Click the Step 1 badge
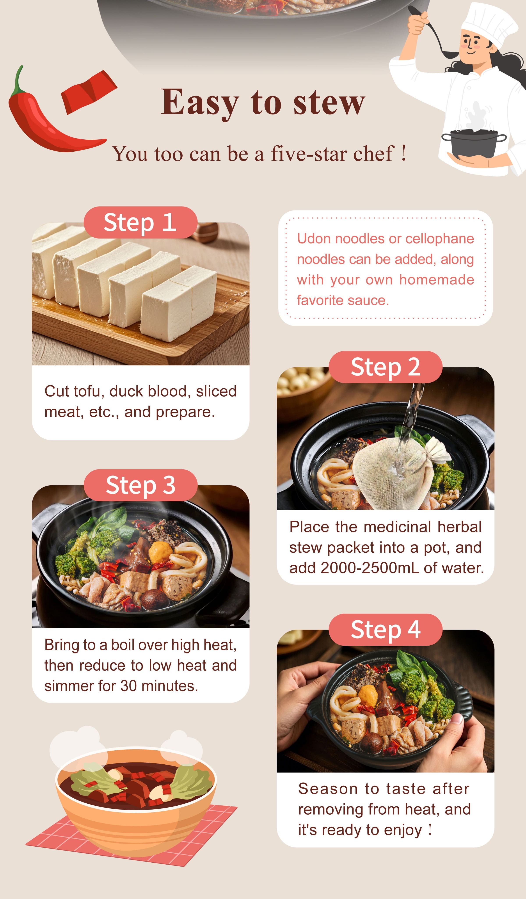[140, 223]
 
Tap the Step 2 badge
[386, 367]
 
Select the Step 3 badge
[140, 485]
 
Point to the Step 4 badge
[386, 630]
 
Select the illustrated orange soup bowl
[135, 803]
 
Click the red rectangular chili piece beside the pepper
[89, 92]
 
